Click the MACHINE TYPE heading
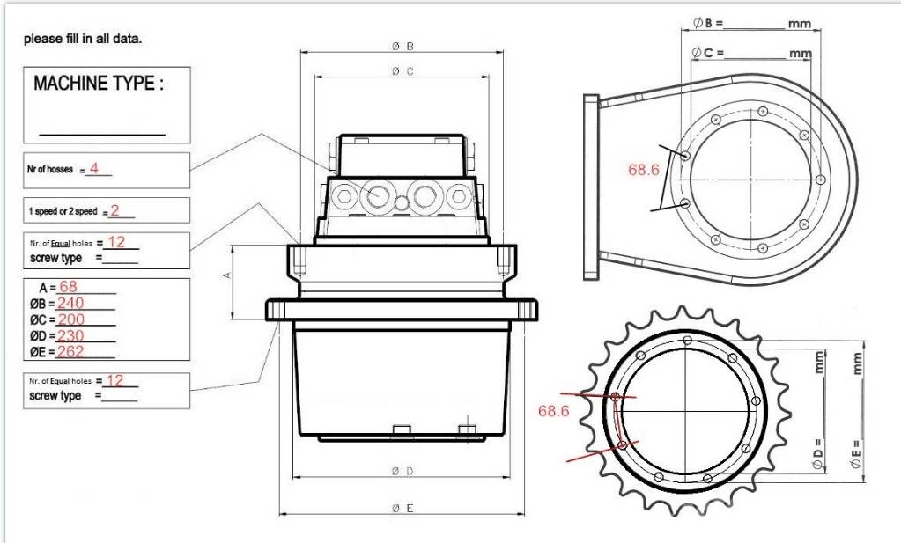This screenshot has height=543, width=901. pos(99,84)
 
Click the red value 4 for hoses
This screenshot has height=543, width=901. pos(94,168)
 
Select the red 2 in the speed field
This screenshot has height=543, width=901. pos(114,210)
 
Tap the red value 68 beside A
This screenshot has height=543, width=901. pos(68,286)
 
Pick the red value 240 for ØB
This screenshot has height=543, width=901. pos(70,303)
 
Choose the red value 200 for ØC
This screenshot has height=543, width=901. pos(71,319)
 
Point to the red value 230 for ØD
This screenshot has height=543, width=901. pos(70,335)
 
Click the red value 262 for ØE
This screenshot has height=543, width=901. pos(70,351)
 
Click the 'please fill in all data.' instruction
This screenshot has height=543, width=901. pos(83,39)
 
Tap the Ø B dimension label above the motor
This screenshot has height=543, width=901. pos(402,47)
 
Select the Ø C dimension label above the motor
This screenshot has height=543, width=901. pos(402,71)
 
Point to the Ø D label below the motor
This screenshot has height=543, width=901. pos(402,471)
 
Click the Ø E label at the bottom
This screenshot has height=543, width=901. pos(402,508)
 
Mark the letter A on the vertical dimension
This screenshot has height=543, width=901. pos(227,275)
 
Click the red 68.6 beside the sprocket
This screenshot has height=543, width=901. pos(553,411)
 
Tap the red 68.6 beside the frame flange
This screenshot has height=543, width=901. pos(644,170)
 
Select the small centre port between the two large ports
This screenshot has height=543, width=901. pos(402,202)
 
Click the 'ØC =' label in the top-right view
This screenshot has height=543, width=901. pos(707,53)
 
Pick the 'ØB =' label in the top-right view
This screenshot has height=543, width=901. pos(708,23)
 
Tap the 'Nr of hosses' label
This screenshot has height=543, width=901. pos(50,169)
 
